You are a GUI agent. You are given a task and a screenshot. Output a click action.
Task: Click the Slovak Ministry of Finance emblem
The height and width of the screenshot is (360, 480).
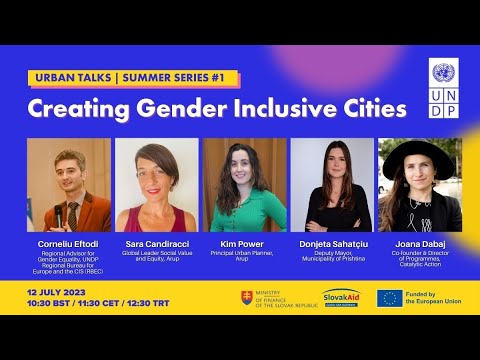247,297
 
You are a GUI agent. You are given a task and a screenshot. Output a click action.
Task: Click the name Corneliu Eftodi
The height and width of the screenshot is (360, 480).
68,243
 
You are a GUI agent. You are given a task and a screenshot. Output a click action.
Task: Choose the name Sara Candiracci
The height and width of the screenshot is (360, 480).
156,243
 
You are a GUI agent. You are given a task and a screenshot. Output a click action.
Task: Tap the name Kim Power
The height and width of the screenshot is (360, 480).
244,243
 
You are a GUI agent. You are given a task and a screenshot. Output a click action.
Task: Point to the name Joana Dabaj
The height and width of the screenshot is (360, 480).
419,243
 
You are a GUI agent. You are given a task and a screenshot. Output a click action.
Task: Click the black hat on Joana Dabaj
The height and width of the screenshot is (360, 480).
419,150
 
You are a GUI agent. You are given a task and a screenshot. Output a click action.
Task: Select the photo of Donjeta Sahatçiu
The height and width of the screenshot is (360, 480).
332,185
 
